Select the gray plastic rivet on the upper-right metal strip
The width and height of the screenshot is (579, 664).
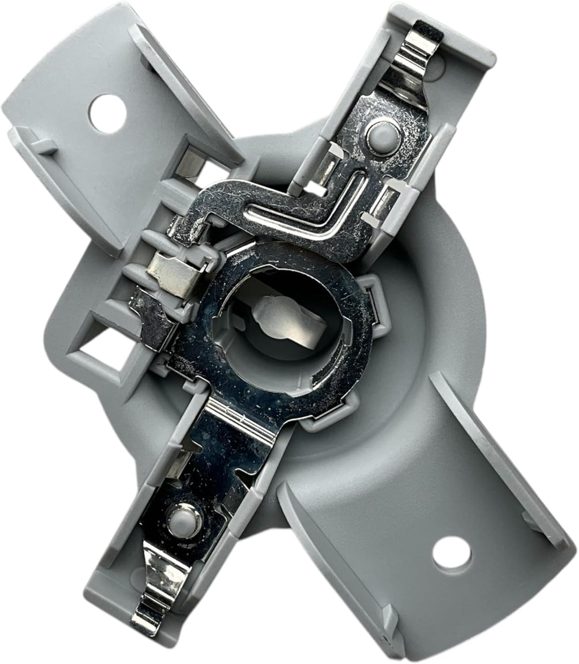[379, 131]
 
